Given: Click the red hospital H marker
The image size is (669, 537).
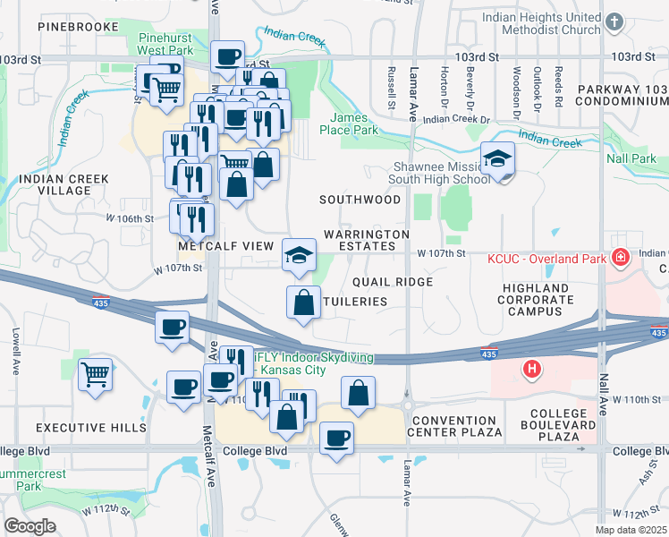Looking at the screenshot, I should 532,368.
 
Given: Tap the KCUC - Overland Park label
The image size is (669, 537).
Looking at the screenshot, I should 547,260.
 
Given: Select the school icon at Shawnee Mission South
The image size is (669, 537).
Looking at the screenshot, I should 497,160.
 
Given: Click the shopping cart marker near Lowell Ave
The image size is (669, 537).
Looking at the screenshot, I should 95,373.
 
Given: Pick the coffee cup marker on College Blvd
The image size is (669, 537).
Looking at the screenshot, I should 336,439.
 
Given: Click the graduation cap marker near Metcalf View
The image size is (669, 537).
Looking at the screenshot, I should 299,255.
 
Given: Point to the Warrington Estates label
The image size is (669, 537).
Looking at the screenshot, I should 366,240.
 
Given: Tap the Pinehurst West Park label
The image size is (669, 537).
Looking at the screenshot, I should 167,46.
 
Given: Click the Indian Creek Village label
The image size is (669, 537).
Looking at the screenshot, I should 64,185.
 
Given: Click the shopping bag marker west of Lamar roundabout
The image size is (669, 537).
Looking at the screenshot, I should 358,393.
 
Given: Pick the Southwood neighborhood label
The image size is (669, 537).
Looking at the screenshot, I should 361,200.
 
